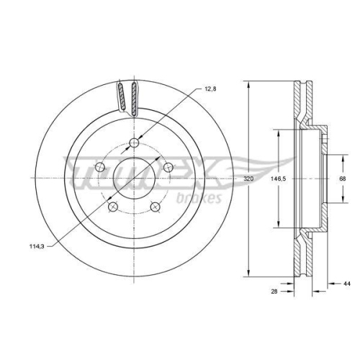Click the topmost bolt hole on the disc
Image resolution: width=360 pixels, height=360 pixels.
pos(133,143)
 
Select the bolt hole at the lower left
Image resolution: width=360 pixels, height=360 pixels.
pos(112,207)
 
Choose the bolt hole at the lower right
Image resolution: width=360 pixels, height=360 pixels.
pos(155,207)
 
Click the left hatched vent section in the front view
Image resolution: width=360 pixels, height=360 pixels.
pos(122,96)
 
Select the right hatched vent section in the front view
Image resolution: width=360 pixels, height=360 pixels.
pos(134,96)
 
